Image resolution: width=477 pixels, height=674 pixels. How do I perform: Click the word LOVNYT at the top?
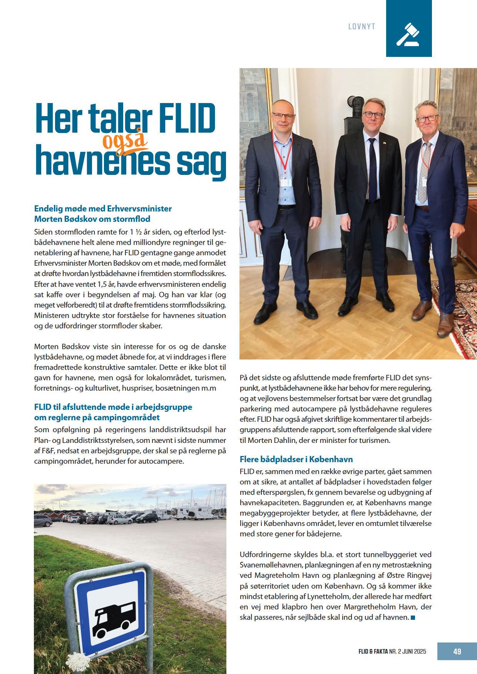362,27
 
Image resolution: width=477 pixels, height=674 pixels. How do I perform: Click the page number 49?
457,651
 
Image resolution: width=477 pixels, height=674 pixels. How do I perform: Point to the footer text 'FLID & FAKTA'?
370,652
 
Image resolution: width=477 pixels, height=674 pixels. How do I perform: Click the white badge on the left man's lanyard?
285,181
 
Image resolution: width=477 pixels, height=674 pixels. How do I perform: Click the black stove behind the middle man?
355,115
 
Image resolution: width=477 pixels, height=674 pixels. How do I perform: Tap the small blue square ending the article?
413,617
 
